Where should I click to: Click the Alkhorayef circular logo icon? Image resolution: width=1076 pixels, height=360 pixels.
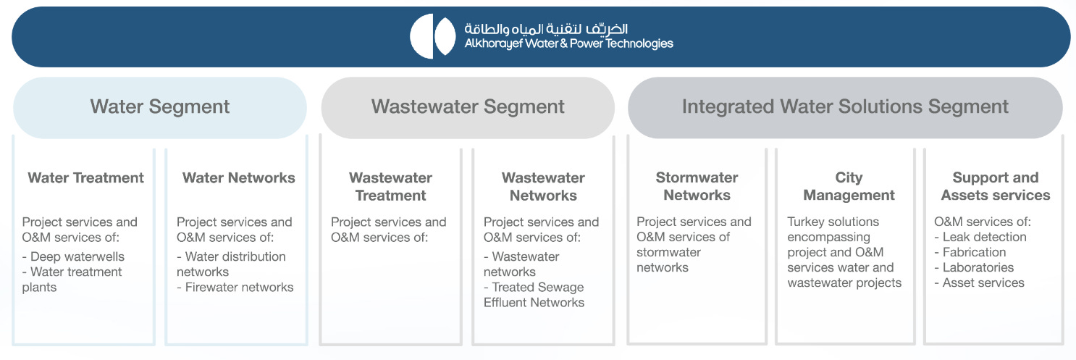tap(433, 36)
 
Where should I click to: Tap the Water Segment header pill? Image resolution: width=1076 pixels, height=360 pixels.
tap(160, 107)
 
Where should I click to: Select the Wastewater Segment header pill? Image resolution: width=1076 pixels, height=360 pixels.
tap(468, 107)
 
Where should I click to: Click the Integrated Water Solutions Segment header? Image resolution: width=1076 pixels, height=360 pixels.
tap(845, 107)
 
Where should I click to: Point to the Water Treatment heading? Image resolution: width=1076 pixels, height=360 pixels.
tap(85, 177)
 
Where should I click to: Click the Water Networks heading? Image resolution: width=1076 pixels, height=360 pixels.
tap(239, 177)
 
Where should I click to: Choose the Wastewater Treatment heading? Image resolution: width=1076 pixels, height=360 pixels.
tap(390, 186)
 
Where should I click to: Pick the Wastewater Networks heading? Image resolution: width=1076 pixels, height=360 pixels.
tap(543, 186)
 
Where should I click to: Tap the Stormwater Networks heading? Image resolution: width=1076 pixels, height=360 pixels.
tap(697, 186)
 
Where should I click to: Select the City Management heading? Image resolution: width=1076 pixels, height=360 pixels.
tap(849, 186)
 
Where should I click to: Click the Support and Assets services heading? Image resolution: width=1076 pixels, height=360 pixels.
tap(995, 186)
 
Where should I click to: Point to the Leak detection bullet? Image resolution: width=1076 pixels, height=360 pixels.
tap(984, 237)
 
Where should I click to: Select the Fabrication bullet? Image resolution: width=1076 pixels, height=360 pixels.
tap(974, 252)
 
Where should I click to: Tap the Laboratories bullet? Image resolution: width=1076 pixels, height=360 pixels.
tap(978, 267)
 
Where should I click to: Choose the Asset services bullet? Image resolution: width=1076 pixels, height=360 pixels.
tap(983, 282)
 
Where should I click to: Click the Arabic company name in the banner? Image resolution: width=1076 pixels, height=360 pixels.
tap(546, 29)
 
